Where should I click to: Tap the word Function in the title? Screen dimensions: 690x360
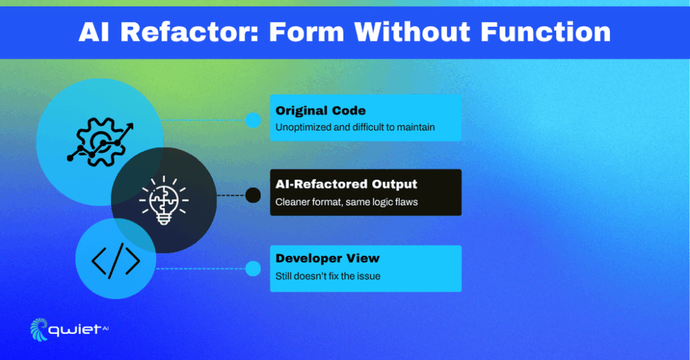point(545,32)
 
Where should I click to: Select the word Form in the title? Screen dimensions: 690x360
point(307,32)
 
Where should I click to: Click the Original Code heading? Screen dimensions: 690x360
point(320,111)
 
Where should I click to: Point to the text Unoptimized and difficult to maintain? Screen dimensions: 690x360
point(355,127)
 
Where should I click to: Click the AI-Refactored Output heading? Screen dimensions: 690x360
point(346,184)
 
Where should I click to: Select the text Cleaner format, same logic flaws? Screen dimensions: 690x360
point(347,202)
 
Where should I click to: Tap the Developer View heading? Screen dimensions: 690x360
point(327,258)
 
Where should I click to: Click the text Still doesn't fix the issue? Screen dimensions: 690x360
point(328,276)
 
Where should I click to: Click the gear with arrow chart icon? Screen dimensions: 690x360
point(100,142)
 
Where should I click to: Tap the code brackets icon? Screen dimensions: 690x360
point(116,261)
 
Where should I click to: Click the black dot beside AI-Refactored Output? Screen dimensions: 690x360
point(253,195)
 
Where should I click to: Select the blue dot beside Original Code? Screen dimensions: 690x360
point(253,120)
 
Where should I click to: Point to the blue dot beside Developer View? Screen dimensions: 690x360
point(253,268)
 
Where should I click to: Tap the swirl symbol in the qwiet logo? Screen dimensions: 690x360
point(38,330)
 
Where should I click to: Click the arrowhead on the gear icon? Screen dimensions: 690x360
point(129,128)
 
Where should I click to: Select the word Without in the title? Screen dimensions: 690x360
point(412,32)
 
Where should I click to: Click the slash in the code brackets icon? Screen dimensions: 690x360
point(116,261)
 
